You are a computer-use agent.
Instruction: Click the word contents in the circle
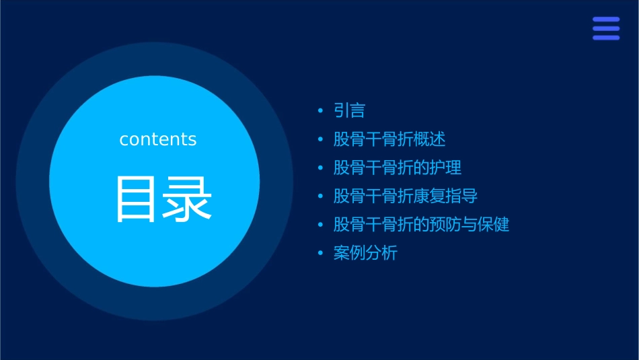pos(158,139)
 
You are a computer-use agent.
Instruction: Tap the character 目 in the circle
pos(137,199)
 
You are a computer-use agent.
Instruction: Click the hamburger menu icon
pos(605,28)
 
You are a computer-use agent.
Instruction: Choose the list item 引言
pos(350,111)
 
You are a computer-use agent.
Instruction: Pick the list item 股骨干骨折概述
pos(389,139)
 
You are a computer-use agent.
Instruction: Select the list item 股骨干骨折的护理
pos(398,168)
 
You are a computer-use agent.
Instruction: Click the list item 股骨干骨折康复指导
pos(406,196)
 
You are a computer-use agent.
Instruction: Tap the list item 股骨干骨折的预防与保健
pos(422,225)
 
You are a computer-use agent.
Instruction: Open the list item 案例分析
pos(366,254)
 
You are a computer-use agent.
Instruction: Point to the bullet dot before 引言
pos(320,111)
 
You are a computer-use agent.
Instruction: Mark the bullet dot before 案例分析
pos(320,254)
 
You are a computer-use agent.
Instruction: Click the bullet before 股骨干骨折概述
pos(320,139)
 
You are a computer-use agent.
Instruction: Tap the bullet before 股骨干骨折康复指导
pos(320,196)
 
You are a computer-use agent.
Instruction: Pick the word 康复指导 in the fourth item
pos(446,196)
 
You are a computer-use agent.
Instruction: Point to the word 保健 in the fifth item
pos(494,225)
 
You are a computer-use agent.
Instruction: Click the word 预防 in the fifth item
pos(446,225)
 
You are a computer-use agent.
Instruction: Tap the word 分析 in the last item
pos(382,254)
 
